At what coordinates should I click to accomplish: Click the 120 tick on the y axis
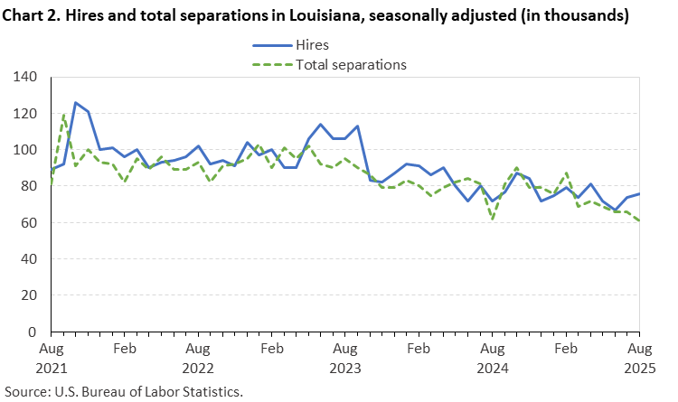[x=25, y=114]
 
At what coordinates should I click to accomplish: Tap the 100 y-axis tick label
[x=25, y=150]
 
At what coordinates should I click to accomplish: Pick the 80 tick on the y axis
[x=29, y=186]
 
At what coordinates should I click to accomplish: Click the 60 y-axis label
[x=29, y=223]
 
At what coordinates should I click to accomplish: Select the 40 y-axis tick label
[x=29, y=259]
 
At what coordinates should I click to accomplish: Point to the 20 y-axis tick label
[x=29, y=295]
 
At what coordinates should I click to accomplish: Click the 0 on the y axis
[x=33, y=332]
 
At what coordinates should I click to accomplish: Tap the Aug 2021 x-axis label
[x=52, y=358]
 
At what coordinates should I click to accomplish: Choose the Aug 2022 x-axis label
[x=198, y=358]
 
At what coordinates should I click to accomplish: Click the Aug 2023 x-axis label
[x=344, y=358]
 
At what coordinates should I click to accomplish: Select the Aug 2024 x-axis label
[x=492, y=358]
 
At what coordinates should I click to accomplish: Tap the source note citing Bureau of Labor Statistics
[x=123, y=391]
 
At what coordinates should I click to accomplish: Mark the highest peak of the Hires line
[x=76, y=103]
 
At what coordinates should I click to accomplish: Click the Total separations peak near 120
[x=64, y=115]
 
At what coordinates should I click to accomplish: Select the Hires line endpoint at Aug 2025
[x=638, y=193]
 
